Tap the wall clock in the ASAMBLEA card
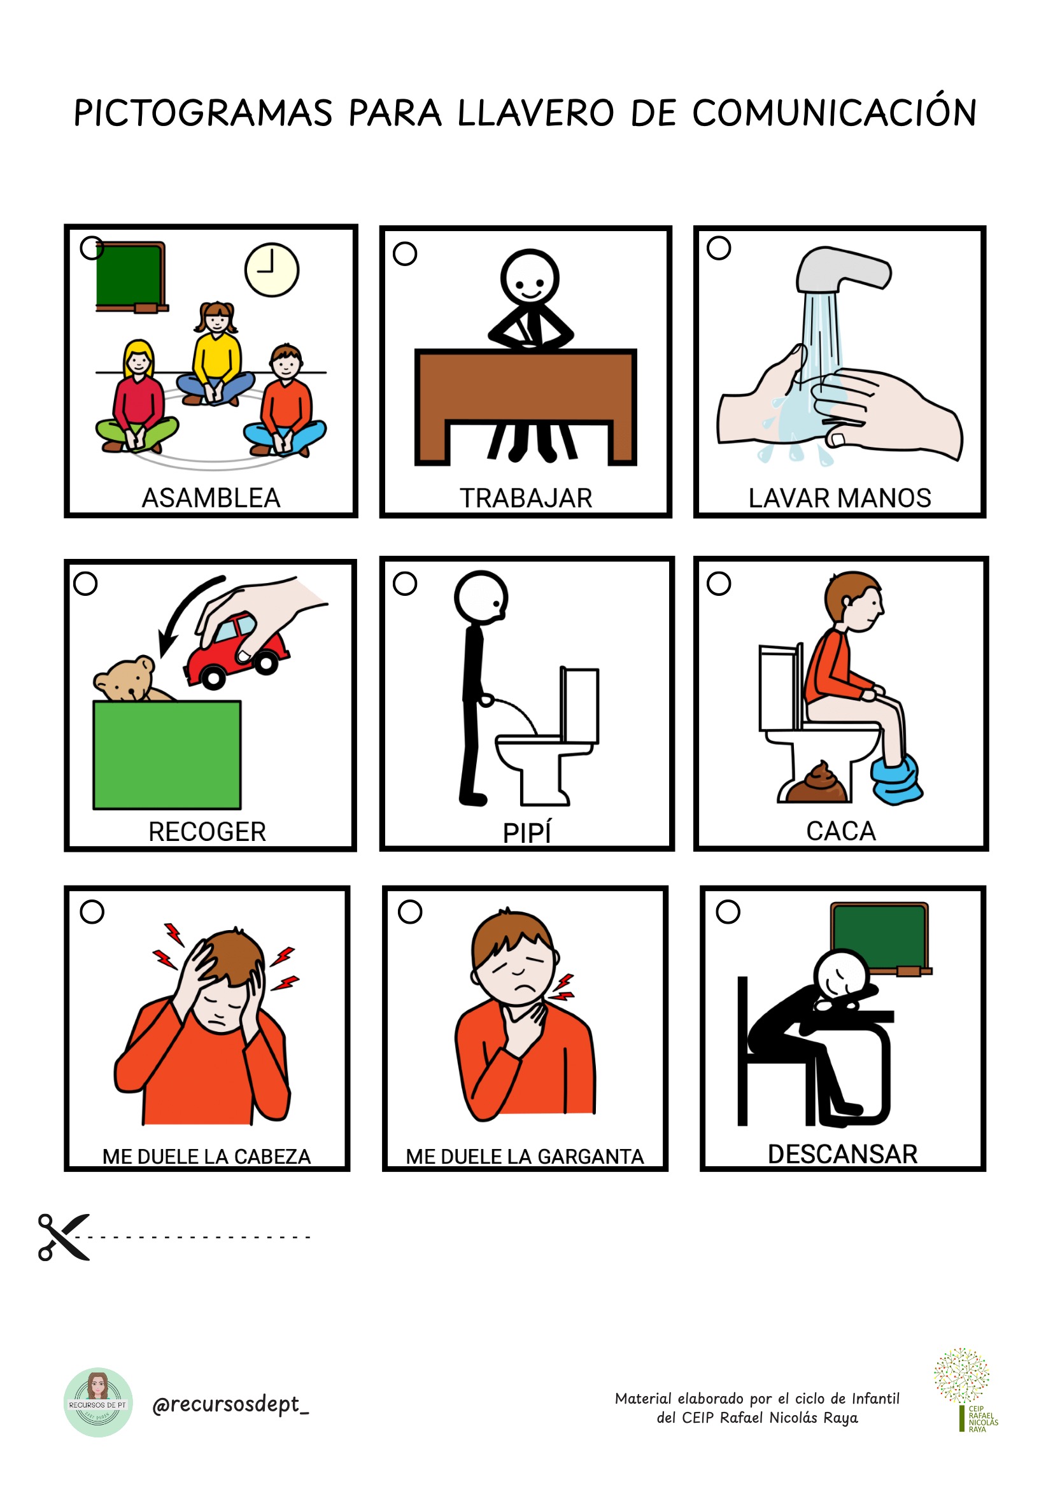(272, 270)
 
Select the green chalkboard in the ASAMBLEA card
(132, 277)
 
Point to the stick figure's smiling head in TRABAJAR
(530, 277)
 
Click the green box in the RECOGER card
(167, 755)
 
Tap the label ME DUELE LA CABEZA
(207, 1156)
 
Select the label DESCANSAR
(842, 1154)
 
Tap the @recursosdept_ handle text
(231, 1405)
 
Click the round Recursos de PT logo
(98, 1403)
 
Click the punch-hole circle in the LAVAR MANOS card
(718, 248)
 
